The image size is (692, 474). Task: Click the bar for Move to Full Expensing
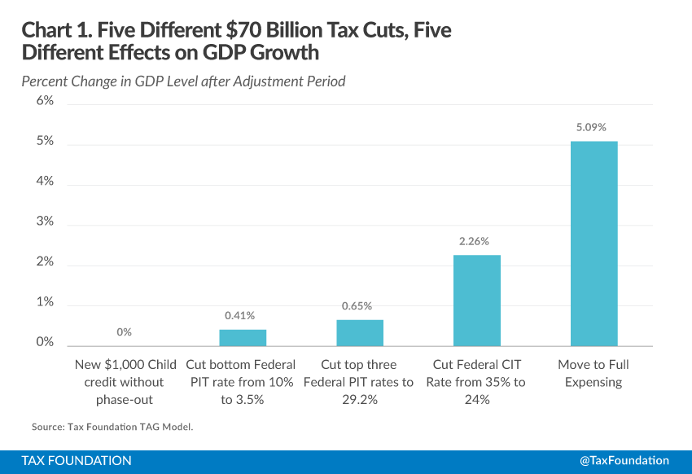point(593,244)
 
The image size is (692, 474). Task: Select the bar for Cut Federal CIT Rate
point(476,300)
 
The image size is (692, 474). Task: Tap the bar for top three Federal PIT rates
point(359,332)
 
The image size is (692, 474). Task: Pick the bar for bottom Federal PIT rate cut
point(242,337)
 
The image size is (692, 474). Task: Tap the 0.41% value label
point(242,315)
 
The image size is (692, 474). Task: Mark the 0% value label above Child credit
point(124,332)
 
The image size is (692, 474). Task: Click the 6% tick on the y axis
point(43,101)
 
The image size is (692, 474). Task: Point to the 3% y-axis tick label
point(43,222)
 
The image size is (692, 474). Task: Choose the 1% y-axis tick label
point(43,302)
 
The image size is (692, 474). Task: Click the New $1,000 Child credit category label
point(125,381)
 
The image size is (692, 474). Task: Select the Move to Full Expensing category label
point(593,373)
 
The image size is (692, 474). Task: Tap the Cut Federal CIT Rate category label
point(476,381)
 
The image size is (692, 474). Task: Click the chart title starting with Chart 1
point(236,42)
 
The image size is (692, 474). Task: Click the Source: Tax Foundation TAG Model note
point(112,426)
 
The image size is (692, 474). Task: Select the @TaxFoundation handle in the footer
point(624,460)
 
